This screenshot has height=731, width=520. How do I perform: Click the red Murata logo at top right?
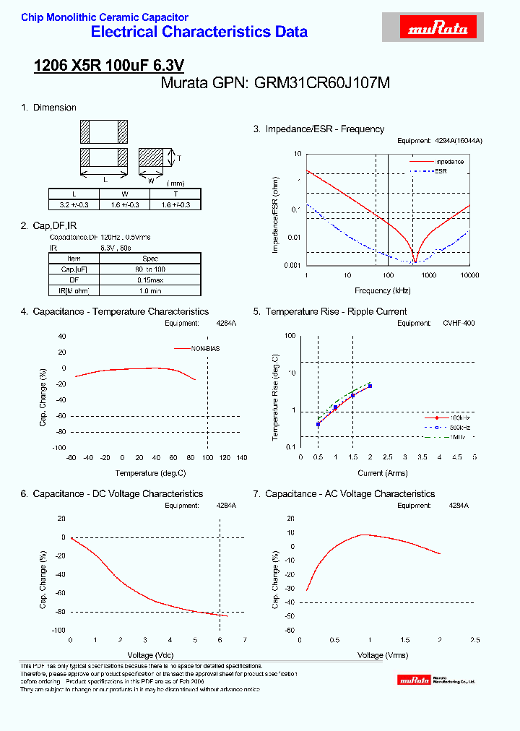pos(439,28)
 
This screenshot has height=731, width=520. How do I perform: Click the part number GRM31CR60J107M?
pos(322,83)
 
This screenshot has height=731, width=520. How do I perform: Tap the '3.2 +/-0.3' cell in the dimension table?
pos(74,204)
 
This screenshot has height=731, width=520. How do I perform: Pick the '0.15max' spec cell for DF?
pos(150,280)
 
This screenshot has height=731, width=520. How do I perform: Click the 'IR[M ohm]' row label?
pos(74,290)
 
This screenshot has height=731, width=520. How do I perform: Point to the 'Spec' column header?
pos(150,258)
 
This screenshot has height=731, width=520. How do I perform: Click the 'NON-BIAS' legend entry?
pos(206,349)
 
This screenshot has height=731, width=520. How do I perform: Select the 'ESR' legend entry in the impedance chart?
pos(441,171)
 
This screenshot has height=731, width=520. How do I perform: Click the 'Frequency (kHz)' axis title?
pos(383,290)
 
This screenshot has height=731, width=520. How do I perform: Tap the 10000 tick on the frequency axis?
pos(469,276)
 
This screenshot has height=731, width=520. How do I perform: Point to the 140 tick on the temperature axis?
pos(242,458)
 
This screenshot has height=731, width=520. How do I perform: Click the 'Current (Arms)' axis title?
pos(383,473)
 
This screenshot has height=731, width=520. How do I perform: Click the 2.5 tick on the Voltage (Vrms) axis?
pos(474,641)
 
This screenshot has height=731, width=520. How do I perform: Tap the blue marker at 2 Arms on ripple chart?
pos(370,386)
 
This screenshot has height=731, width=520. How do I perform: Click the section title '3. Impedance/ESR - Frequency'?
pos(318,129)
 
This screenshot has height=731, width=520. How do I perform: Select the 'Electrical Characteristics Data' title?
pos(199,32)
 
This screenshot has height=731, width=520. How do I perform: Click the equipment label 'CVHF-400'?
pos(459,324)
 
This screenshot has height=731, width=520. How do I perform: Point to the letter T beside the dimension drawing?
pos(179,158)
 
